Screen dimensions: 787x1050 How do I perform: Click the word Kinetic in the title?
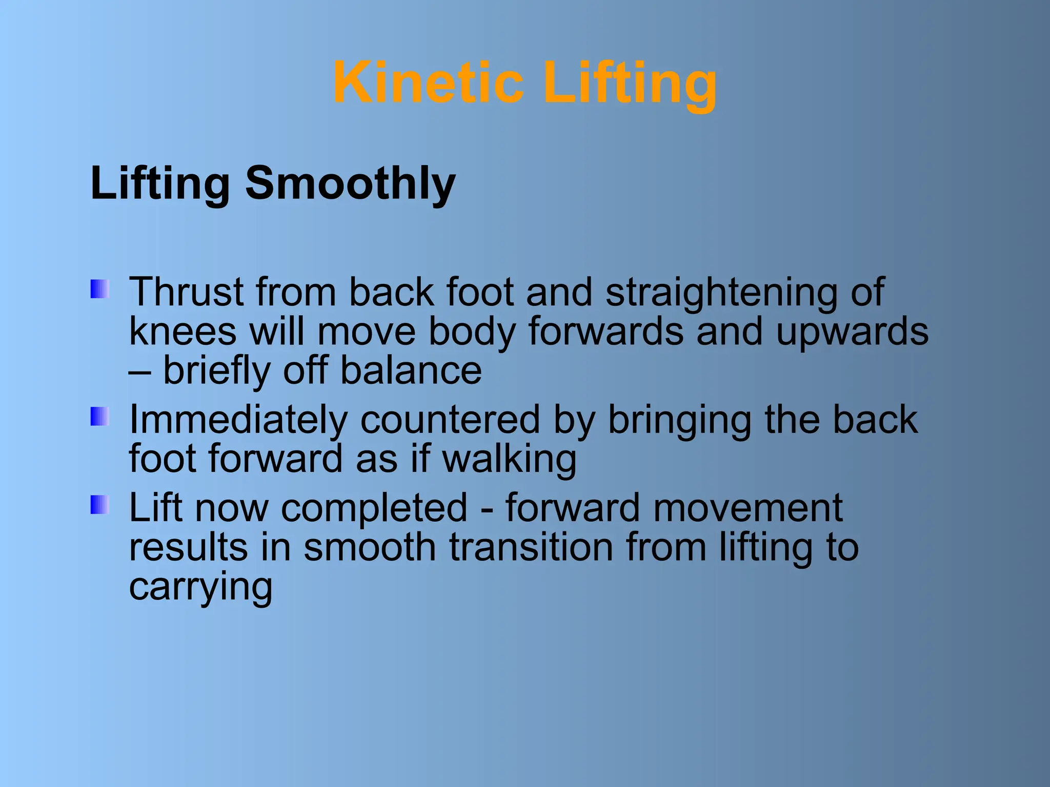point(428,83)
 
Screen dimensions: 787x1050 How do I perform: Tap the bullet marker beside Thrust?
point(100,289)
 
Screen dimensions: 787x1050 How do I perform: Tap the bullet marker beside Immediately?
point(100,417)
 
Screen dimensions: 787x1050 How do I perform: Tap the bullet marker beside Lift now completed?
point(100,505)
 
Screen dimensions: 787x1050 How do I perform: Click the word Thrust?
point(186,293)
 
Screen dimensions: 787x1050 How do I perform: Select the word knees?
point(183,332)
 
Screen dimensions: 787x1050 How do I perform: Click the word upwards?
point(852,332)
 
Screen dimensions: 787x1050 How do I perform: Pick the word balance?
point(411,370)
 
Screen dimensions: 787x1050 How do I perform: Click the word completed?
point(374,508)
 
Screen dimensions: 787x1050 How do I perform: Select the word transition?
point(531,547)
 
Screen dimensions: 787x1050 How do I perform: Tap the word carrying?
point(200,587)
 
